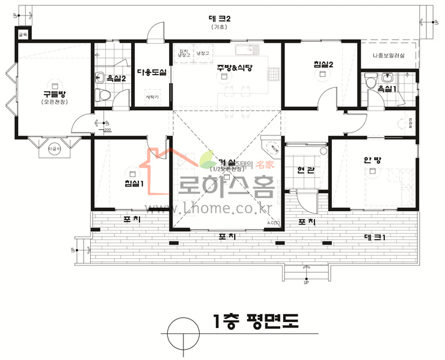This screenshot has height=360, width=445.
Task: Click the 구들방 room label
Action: [54, 95]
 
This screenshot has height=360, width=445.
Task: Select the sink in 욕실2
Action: [100, 76]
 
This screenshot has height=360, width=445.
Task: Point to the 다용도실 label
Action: [152, 72]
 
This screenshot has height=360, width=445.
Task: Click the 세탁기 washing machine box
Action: [152, 96]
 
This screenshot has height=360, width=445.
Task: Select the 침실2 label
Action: [323, 64]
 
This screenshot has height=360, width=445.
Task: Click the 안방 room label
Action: [372, 160]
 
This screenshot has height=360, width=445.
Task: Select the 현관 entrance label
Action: [306, 171]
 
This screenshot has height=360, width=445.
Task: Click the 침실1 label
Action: [133, 183]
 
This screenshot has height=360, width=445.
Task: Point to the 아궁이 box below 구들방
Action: [54, 147]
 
